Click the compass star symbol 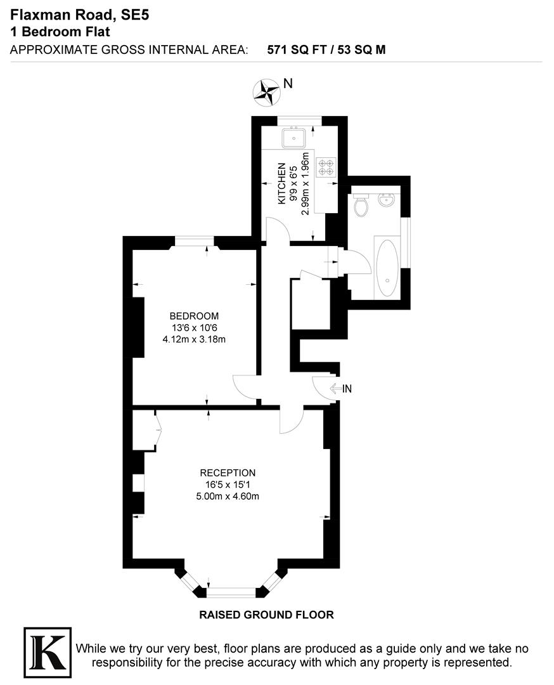[x=266, y=91]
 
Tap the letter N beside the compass [x=288, y=83]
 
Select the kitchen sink [x=295, y=136]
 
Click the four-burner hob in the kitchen [x=326, y=166]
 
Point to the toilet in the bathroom [x=361, y=205]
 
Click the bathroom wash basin [x=387, y=200]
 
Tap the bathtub [x=387, y=266]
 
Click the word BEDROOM [x=194, y=316]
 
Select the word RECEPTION [x=228, y=473]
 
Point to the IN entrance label [x=347, y=389]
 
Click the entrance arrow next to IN [x=334, y=389]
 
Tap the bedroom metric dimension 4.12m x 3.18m [x=194, y=339]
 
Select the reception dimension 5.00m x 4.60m [x=228, y=496]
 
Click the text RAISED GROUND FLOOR [x=266, y=614]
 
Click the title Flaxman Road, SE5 [x=79, y=14]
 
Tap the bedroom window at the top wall [x=195, y=241]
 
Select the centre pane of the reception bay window [x=231, y=592]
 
